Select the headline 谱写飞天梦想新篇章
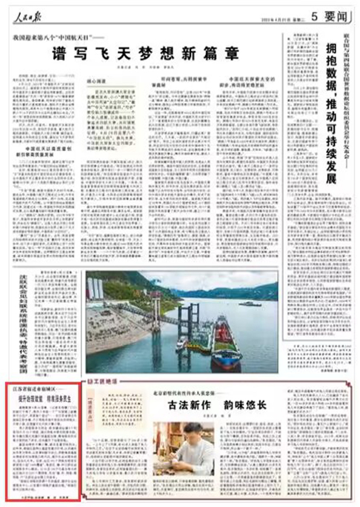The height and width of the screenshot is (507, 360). pos(145,53)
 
